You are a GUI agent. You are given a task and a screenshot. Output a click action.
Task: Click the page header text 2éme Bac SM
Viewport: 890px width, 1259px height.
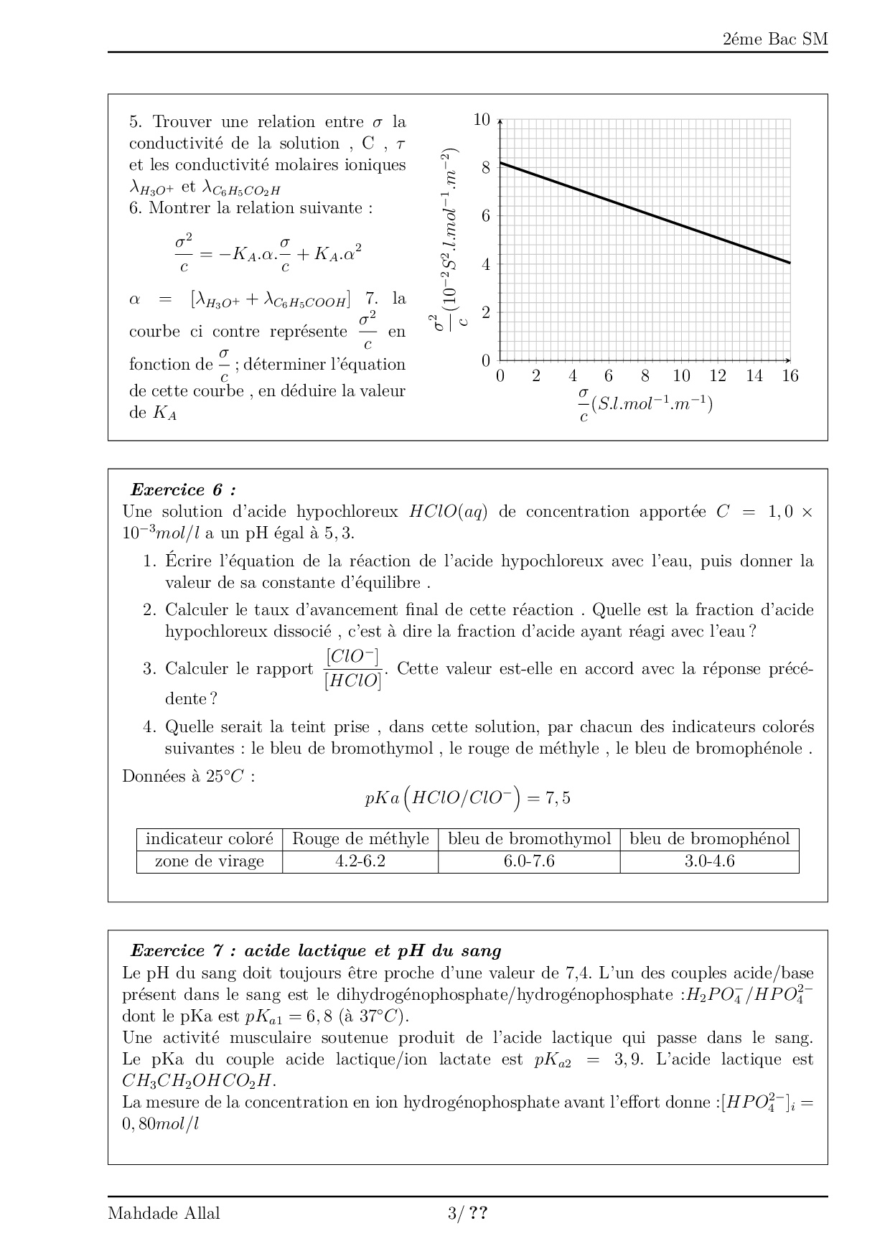(775, 39)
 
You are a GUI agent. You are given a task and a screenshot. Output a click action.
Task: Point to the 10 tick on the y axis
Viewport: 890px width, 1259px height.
(482, 120)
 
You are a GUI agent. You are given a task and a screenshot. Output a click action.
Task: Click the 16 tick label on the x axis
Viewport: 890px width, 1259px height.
(790, 376)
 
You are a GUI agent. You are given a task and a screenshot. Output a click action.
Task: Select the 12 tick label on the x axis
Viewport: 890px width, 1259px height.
(717, 376)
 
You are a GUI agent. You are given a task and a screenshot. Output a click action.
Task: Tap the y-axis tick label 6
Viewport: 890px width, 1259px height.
(486, 216)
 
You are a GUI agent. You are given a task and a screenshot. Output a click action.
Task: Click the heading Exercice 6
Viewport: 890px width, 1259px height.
(182, 490)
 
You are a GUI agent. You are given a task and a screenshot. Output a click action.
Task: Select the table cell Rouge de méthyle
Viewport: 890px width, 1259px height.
(360, 839)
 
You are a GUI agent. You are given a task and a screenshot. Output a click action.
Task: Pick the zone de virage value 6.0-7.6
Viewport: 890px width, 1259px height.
(529, 861)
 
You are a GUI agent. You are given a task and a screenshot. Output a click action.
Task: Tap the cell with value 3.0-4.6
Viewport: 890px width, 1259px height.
(709, 861)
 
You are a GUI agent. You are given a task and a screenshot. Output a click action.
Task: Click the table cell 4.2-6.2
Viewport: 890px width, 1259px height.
(360, 861)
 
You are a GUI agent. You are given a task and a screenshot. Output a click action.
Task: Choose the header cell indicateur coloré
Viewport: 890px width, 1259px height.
(210, 839)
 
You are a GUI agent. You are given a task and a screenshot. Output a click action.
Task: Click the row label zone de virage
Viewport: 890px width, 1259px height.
(210, 861)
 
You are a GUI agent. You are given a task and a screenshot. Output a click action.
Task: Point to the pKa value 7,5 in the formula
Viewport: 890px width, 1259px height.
(558, 798)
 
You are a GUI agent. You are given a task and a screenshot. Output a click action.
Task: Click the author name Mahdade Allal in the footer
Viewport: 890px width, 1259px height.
(164, 1214)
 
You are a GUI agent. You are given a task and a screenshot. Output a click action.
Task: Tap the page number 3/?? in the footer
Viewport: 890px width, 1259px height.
(468, 1214)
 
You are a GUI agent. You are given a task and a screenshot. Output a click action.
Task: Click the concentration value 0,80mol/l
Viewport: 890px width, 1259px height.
(160, 1124)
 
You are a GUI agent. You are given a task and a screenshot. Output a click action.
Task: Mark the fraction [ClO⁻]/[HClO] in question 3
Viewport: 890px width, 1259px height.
(353, 669)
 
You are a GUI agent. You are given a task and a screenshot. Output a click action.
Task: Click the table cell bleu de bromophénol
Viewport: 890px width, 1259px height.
(709, 839)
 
